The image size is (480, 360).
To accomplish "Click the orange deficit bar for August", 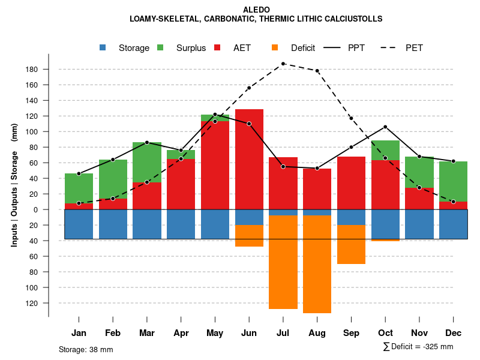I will click(317, 264).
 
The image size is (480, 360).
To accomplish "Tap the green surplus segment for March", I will click(147, 162).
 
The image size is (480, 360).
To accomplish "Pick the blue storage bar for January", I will click(79, 224).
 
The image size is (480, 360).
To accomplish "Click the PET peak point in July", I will click(283, 64).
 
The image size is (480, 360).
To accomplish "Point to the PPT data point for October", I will click(385, 127).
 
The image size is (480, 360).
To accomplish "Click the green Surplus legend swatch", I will click(160, 48).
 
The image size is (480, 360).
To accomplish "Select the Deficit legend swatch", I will click(275, 48).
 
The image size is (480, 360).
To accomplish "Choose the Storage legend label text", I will click(134, 48).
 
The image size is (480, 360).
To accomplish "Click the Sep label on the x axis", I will click(352, 333).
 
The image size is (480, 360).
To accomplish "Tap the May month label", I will click(215, 333).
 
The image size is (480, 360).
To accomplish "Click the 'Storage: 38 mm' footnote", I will click(86, 349).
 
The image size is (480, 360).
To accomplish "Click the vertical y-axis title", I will click(14, 185).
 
